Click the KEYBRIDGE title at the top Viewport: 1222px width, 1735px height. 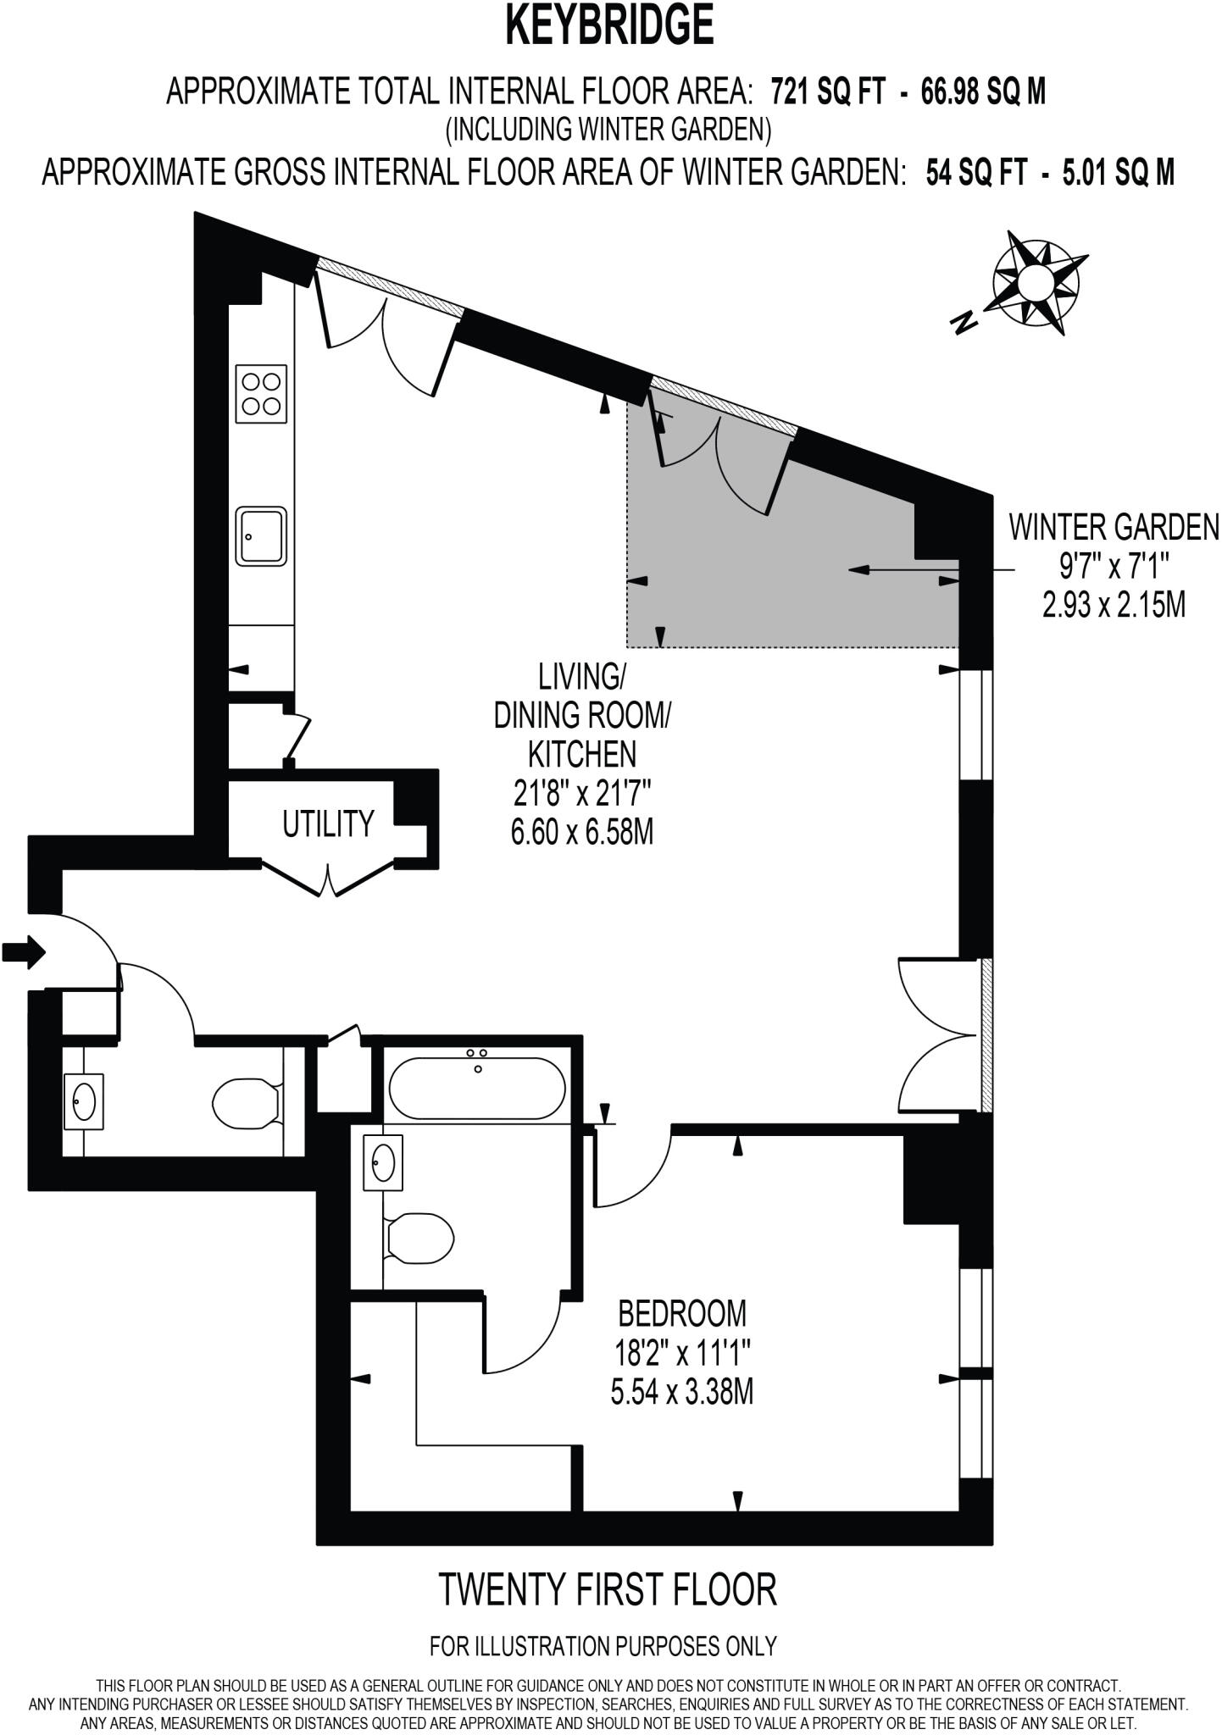609,25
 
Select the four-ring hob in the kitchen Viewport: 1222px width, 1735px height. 261,394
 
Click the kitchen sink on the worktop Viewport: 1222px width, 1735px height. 261,536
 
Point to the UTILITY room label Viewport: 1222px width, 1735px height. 328,823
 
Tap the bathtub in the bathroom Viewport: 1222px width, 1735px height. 477,1088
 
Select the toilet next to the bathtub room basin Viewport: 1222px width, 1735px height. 418,1239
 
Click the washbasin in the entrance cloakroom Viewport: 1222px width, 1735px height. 84,1101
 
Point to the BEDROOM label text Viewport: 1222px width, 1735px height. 682,1313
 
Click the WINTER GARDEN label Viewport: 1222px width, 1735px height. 1113,527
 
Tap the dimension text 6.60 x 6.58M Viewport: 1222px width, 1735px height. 581,833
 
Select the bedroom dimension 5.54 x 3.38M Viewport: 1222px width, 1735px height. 682,1392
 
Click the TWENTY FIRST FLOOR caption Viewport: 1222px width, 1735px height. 608,1590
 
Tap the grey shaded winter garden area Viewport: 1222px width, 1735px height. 814,585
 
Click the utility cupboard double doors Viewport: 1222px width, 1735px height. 329,879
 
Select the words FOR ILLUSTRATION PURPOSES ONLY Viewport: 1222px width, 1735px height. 603,1646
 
